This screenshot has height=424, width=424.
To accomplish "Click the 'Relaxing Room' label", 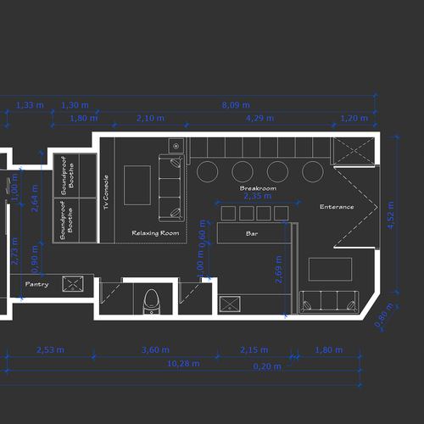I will click(x=155, y=232).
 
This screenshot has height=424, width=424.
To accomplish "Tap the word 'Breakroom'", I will click(x=258, y=187).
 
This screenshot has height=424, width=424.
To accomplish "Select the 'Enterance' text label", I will click(x=337, y=207).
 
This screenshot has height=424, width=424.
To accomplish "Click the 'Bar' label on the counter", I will click(x=252, y=232).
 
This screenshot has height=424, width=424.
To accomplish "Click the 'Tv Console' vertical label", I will click(x=106, y=193).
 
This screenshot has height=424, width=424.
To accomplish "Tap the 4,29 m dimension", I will click(x=254, y=118).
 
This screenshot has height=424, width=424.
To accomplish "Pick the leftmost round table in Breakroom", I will click(x=207, y=171).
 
